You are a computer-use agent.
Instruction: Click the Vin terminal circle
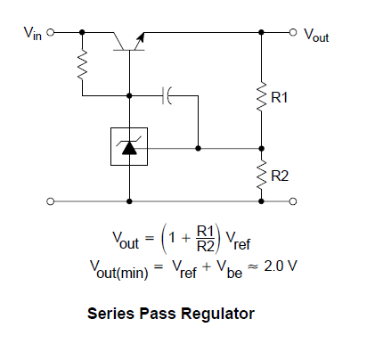click(51, 32)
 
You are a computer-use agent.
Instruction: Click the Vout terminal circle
click(293, 32)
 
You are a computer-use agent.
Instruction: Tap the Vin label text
click(33, 33)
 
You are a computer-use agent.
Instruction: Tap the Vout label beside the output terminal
click(316, 36)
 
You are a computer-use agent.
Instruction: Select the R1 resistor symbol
click(261, 96)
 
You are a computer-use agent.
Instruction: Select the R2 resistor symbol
click(261, 175)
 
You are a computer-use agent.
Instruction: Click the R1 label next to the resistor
click(280, 98)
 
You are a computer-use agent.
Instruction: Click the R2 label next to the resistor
click(280, 176)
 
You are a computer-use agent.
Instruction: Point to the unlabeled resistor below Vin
click(83, 65)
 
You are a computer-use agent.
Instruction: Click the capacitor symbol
click(167, 95)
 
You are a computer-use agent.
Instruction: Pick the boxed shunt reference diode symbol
click(129, 146)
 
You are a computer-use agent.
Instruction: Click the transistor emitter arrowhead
click(141, 37)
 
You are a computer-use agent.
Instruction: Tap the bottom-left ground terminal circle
click(51, 201)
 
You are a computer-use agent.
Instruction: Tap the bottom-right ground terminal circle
click(293, 201)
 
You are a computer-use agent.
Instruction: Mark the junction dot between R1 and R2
click(261, 148)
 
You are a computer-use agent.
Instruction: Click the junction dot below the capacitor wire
click(198, 148)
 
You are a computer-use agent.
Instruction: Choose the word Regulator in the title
click(218, 314)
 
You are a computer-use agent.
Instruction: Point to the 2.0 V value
click(281, 266)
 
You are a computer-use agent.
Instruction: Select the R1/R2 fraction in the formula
click(205, 239)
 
